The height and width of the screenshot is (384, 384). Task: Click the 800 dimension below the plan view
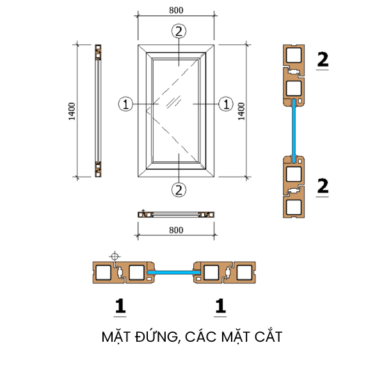177,230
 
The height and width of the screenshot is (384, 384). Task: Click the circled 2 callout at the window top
179,30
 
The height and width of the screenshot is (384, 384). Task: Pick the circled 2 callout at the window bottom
179,189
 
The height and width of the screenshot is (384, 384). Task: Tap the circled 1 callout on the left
125,102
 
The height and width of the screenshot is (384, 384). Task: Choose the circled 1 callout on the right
225,102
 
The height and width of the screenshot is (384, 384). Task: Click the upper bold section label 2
323,60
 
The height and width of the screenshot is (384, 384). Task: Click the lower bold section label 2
323,186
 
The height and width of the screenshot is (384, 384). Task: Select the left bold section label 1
120,307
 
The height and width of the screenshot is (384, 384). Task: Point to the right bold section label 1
220,307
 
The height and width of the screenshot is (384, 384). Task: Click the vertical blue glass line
294,128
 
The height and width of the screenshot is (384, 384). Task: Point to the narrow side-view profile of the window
98,111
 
